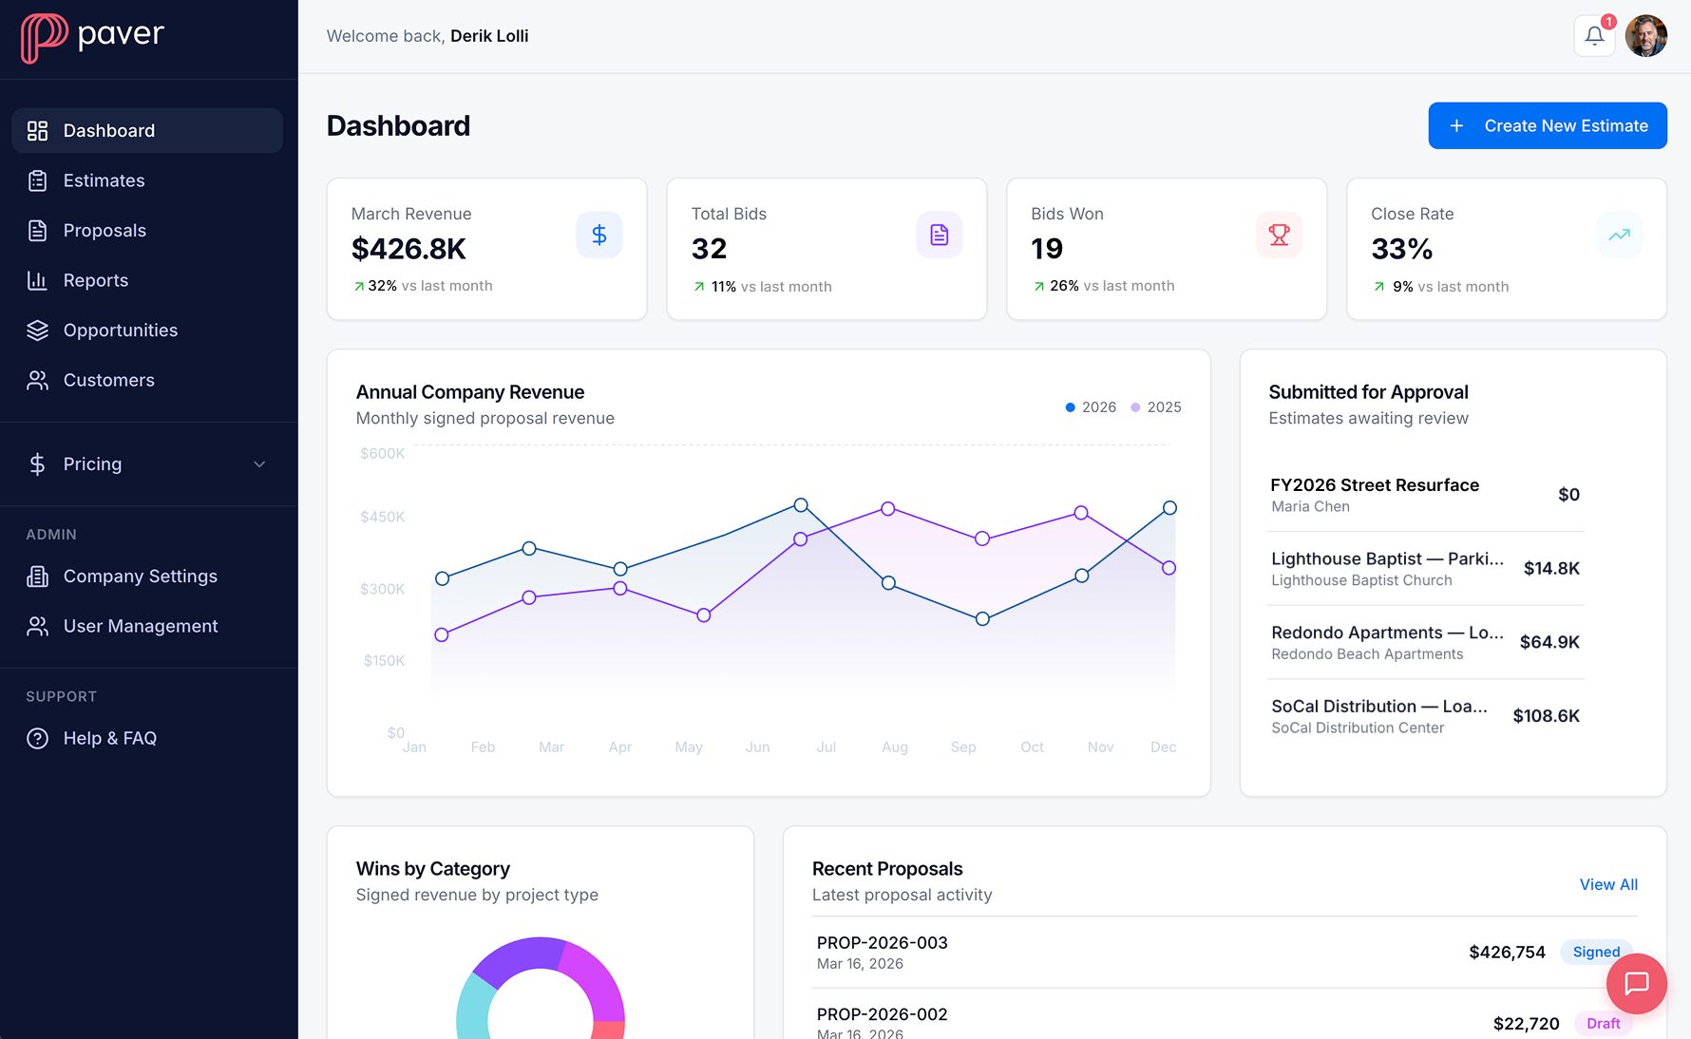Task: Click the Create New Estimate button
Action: click(x=1547, y=125)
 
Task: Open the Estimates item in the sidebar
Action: click(x=104, y=180)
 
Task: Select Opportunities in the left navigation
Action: click(x=120, y=331)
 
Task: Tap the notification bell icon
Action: click(x=1594, y=36)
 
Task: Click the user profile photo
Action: click(x=1645, y=36)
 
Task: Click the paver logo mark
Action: click(x=44, y=38)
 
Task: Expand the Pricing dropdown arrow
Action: click(x=259, y=464)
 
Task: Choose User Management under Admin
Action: click(x=140, y=626)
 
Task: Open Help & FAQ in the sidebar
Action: click(x=109, y=738)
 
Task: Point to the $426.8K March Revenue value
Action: click(x=408, y=249)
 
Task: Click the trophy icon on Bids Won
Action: click(x=1279, y=235)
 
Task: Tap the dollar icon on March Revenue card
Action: click(x=598, y=235)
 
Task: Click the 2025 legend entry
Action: click(x=1156, y=407)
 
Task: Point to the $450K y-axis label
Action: click(x=382, y=517)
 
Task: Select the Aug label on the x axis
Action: click(x=894, y=747)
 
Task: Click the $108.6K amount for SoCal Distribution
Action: click(x=1546, y=716)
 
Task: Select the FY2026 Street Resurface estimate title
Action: click(x=1374, y=485)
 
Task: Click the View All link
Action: click(x=1607, y=884)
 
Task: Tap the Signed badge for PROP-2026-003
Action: click(x=1595, y=952)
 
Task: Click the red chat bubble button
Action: click(x=1636, y=983)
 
